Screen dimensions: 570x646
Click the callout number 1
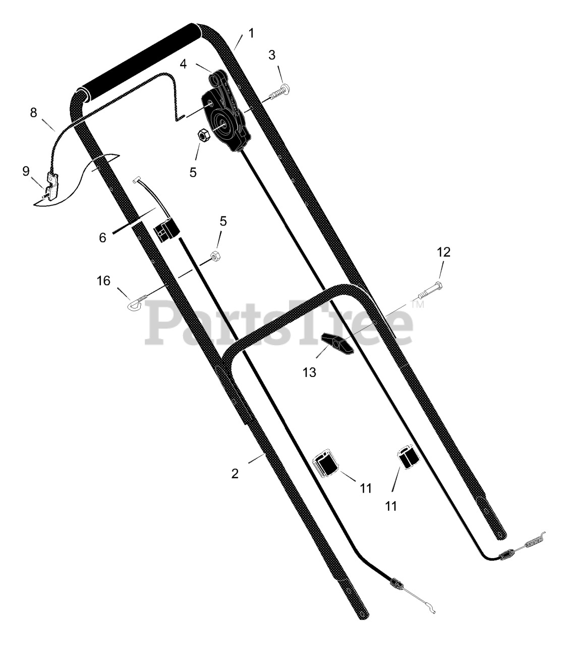coord(252,33)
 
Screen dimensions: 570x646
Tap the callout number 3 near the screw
coord(271,55)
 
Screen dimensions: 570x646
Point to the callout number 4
coord(183,64)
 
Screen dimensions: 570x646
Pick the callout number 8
coord(33,112)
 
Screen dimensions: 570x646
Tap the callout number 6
coord(102,238)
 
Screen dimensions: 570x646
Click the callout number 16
coord(103,281)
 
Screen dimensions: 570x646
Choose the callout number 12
coord(444,252)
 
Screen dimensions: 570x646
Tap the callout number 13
coord(309,372)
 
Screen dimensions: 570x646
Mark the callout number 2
coord(235,473)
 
